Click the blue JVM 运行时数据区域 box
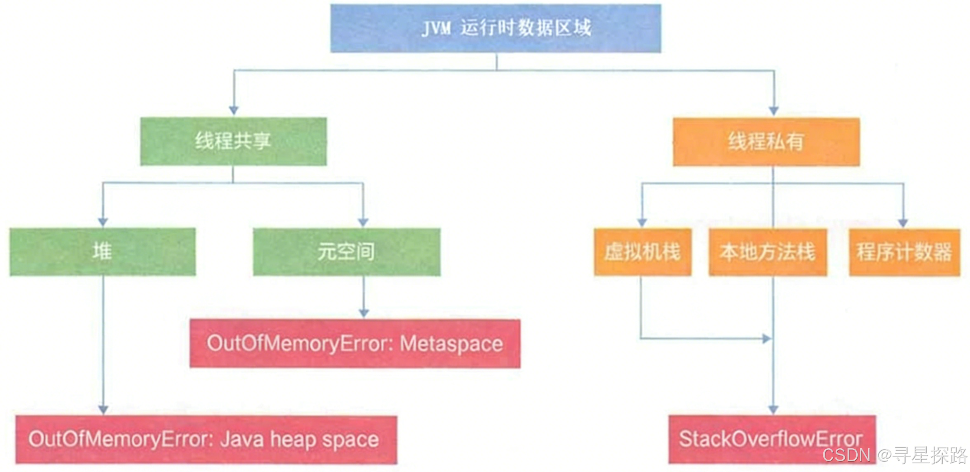coord(496,28)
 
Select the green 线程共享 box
coord(233,141)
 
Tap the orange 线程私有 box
coord(766,142)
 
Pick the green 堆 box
coord(102,252)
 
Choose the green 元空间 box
coord(346,252)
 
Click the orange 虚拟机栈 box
coord(642,252)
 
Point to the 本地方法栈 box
coord(767,252)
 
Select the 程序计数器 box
coord(904,252)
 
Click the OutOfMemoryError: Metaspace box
coord(355,343)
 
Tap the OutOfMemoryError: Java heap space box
coord(206,439)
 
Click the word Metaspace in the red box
coord(451,344)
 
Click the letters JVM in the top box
coord(436,28)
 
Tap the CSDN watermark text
coord(846,454)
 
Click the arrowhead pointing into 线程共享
coord(234,111)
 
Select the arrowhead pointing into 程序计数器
coord(903,223)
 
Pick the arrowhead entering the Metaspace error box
coord(364,313)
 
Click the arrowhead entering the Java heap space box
coord(103,410)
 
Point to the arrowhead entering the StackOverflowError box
coord(773,410)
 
